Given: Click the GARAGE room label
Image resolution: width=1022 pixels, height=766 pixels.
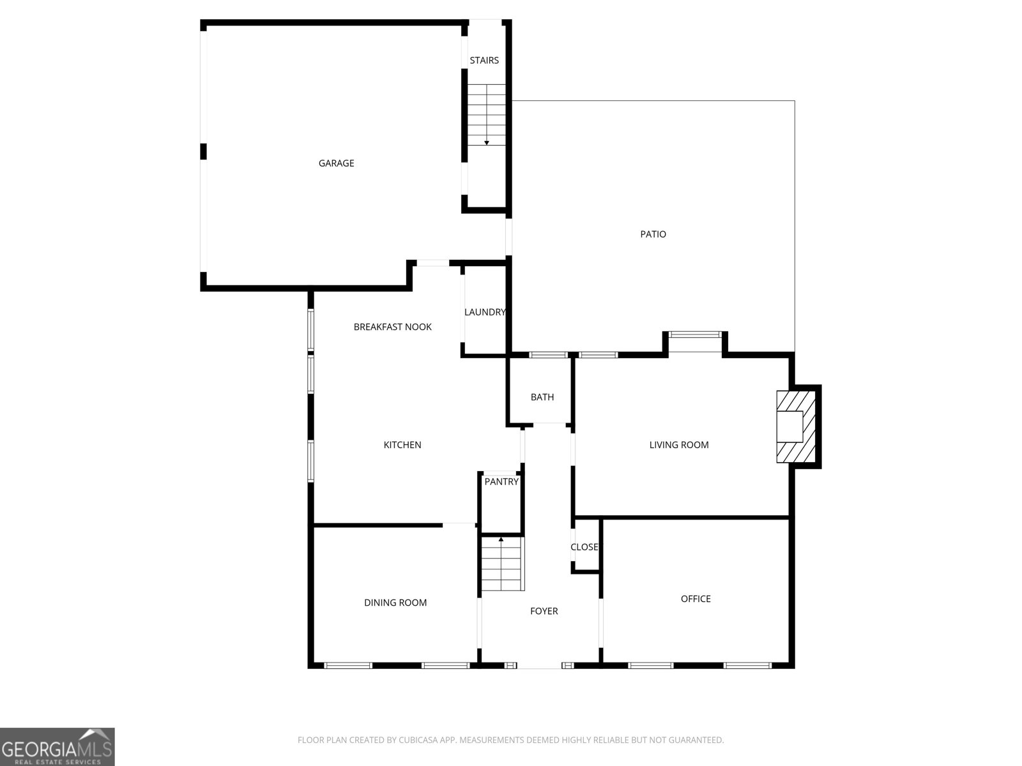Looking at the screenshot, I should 336,163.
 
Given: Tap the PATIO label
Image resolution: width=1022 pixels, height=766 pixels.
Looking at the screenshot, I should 653,234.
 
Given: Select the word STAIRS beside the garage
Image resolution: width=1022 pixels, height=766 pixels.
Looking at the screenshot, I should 484,61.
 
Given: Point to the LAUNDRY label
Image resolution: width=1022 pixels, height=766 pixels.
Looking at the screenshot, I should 485,312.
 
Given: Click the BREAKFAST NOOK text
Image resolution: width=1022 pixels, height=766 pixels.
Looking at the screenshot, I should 392,327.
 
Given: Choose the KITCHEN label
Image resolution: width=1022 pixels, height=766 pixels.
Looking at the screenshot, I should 402,445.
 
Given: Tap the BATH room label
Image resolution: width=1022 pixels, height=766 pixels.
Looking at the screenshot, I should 542,397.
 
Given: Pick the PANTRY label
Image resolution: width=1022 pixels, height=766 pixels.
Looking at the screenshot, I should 501,482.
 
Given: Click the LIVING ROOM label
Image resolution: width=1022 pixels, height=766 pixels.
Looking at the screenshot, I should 678,445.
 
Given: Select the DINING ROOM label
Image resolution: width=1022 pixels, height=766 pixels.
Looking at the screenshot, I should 395,603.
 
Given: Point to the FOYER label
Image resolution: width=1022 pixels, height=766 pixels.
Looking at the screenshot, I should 544,612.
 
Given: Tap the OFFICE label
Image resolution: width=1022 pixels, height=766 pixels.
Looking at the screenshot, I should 696,599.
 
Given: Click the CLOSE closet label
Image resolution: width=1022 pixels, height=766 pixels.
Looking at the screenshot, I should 584,547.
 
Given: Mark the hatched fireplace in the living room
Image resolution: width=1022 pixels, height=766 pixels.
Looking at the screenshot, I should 796,426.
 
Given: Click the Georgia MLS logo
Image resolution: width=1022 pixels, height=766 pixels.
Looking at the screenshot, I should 57,746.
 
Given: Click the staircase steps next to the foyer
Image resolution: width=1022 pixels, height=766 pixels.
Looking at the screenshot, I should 502,564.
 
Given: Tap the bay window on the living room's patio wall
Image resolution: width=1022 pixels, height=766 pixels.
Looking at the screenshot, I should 694,334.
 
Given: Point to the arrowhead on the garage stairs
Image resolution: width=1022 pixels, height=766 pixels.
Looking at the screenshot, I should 487,143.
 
